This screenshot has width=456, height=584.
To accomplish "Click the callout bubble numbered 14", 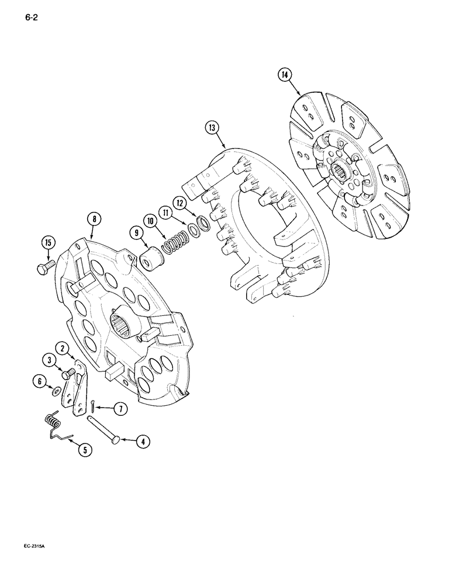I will point(285,75).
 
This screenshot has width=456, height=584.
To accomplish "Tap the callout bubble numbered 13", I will point(212,128).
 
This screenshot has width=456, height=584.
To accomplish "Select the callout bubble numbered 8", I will point(94,220).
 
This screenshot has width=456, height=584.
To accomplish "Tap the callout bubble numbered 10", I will point(151,221).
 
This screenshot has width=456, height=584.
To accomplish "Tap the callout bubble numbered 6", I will point(39,381).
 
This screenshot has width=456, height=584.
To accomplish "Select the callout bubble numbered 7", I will point(121,409).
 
